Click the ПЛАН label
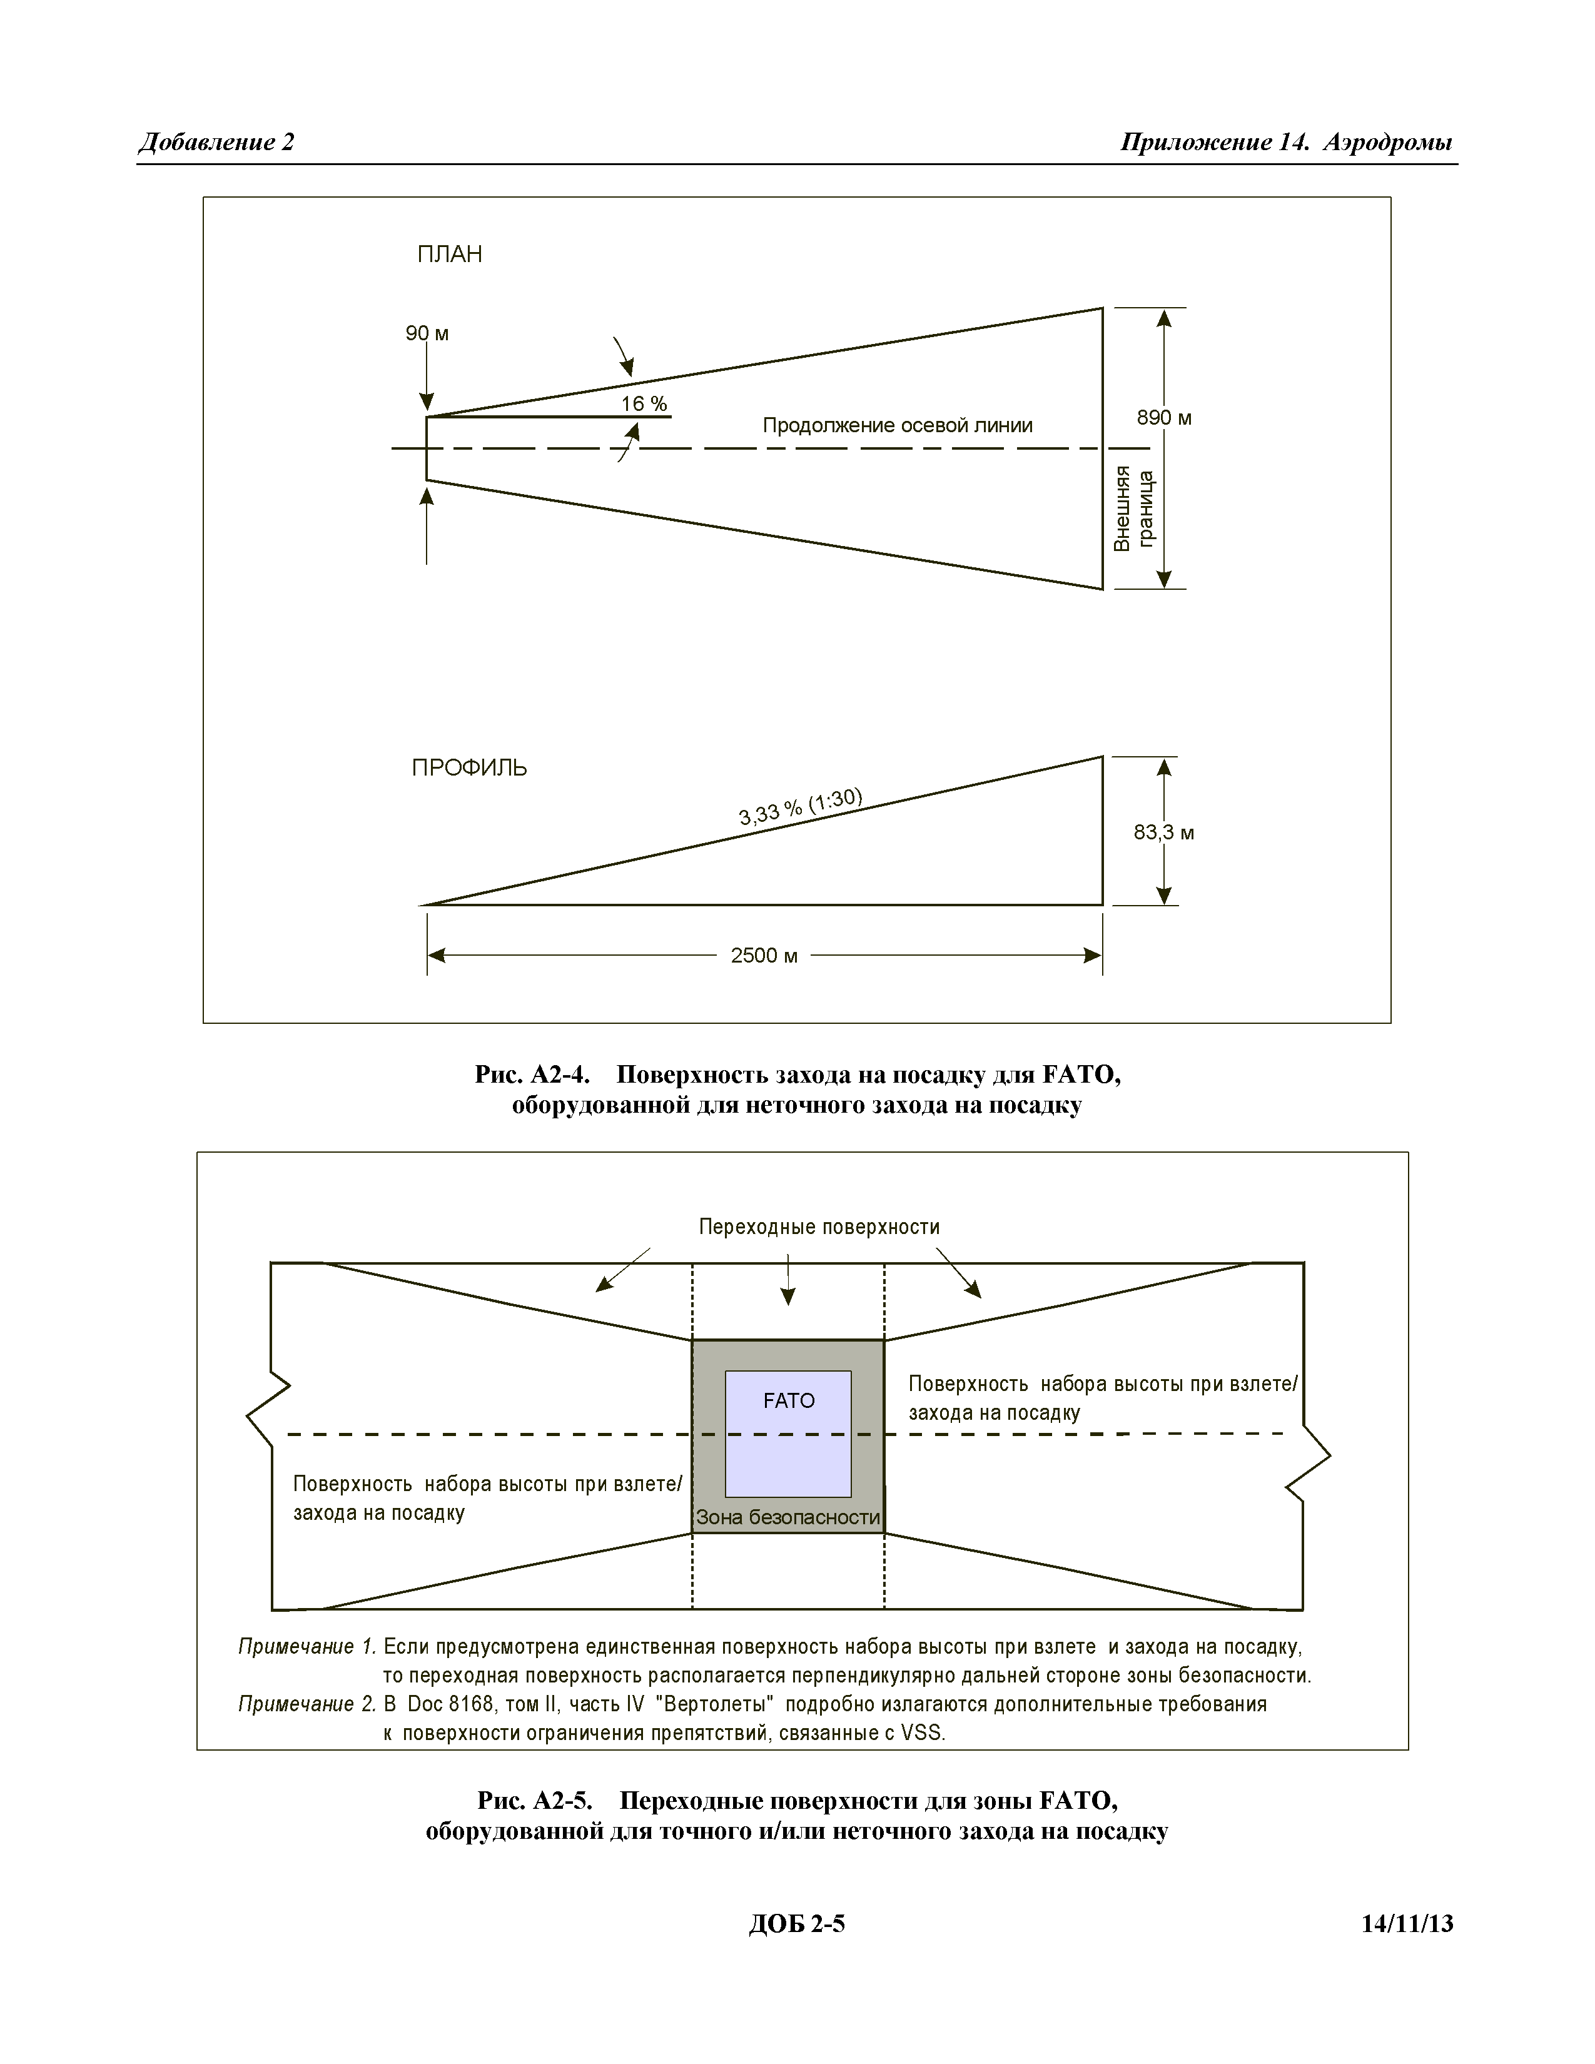[x=449, y=254]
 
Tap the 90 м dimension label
[x=427, y=333]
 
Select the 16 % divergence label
[x=644, y=403]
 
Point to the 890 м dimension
[x=1164, y=418]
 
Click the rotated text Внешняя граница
[x=1134, y=508]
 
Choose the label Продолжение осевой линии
[x=897, y=425]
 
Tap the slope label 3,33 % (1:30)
[x=801, y=806]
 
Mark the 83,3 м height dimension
[x=1164, y=832]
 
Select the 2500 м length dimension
[x=764, y=956]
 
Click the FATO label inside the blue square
[x=788, y=1400]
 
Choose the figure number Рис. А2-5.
[x=534, y=1799]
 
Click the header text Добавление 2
[x=216, y=142]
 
